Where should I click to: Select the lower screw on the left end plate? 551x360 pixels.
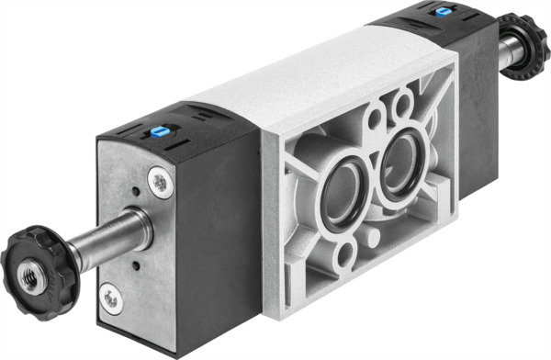pos(111,298)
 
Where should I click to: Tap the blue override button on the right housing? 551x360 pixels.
pos(445,12)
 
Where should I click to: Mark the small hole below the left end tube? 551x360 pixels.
pos(136,266)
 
